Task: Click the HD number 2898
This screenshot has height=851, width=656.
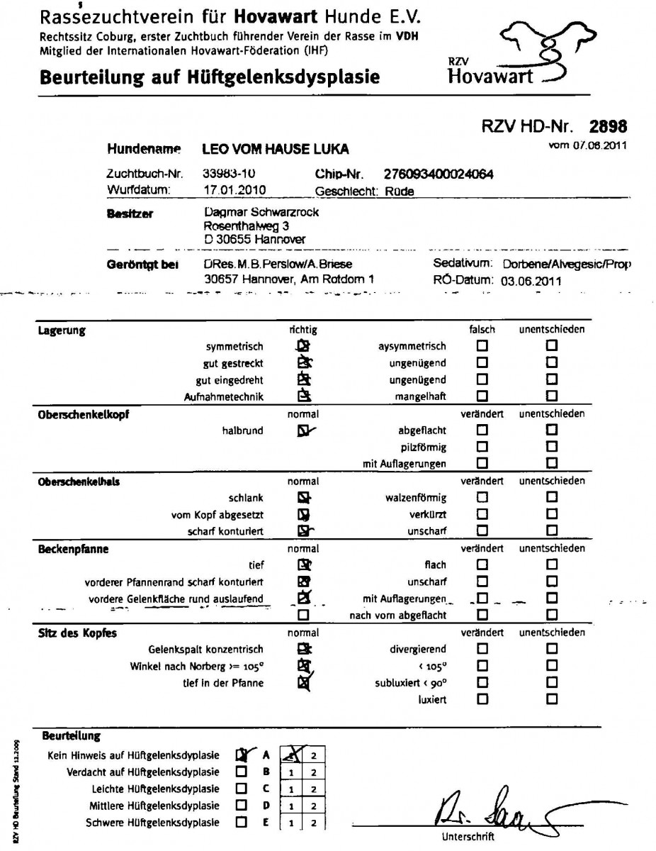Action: [608, 128]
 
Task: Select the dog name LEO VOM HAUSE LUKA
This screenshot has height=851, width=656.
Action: [276, 150]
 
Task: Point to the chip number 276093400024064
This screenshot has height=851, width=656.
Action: [439, 174]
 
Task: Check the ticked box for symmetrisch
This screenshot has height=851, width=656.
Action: [303, 346]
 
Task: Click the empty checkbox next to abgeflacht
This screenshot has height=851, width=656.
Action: [482, 430]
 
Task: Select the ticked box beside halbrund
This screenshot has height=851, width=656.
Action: [303, 430]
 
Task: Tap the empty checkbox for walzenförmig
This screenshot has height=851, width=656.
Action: [482, 498]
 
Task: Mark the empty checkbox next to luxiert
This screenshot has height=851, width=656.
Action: [482, 699]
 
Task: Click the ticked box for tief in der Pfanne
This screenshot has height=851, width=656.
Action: [303, 683]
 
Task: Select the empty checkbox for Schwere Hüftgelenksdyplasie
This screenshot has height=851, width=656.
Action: [242, 823]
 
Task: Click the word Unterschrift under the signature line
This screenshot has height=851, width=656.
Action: [464, 837]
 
